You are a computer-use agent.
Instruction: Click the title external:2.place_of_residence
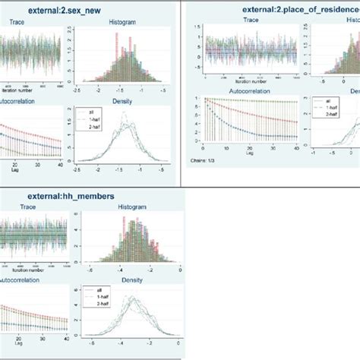(x=288, y=10)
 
